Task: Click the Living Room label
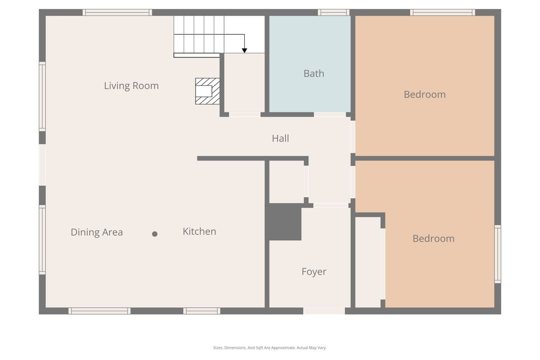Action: [x=131, y=86]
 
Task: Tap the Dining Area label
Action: [x=97, y=232]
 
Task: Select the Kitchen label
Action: [x=199, y=231]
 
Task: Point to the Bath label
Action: [x=314, y=74]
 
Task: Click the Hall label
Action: [x=280, y=139]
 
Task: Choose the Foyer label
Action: [x=314, y=272]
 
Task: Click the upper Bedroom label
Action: [x=425, y=95]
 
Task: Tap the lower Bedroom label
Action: [x=433, y=239]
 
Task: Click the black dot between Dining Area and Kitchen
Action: [x=155, y=234]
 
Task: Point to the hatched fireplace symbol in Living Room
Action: [x=207, y=91]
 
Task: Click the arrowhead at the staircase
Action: [x=245, y=50]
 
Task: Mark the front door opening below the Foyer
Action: [x=324, y=311]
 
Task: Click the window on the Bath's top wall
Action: [x=333, y=12]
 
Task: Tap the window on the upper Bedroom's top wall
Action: [x=442, y=12]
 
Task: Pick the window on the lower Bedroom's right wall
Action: [x=497, y=254]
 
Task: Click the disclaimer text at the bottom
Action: [x=269, y=348]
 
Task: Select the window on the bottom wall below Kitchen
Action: [x=201, y=311]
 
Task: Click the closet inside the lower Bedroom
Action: [x=368, y=262]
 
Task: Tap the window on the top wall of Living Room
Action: [x=117, y=12]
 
